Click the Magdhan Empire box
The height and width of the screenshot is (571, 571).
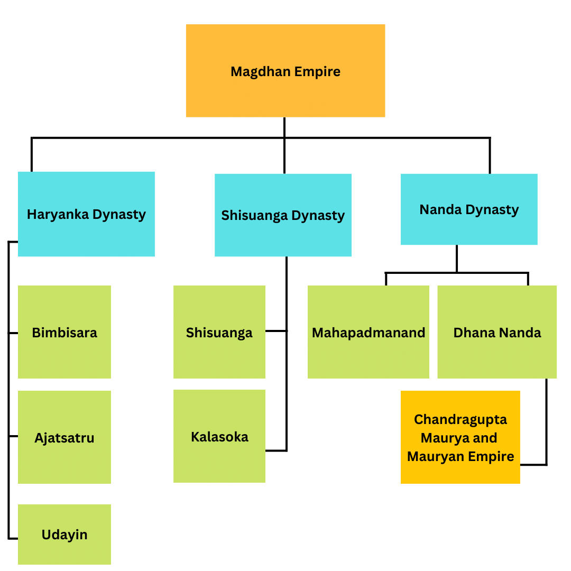click(x=285, y=70)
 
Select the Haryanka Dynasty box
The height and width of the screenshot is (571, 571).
click(x=86, y=214)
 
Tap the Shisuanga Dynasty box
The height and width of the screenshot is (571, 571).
click(x=283, y=215)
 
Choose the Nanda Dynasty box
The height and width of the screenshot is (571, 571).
click(x=469, y=209)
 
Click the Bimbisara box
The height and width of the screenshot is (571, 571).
click(x=65, y=332)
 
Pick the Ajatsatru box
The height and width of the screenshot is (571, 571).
click(x=65, y=437)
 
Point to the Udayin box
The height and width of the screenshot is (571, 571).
click(x=65, y=534)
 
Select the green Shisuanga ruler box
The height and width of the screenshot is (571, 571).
click(x=219, y=332)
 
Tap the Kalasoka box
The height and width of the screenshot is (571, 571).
click(x=219, y=436)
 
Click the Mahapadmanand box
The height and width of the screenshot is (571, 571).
click(x=368, y=332)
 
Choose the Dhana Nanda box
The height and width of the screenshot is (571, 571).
click(x=497, y=332)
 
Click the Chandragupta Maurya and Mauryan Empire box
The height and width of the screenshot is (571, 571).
click(x=460, y=437)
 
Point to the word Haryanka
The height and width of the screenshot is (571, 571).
click(x=58, y=214)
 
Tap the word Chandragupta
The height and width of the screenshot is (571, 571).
click(x=460, y=419)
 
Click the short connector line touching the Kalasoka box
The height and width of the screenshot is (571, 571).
click(x=276, y=450)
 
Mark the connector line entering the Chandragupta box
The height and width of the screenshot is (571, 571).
click(x=533, y=465)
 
